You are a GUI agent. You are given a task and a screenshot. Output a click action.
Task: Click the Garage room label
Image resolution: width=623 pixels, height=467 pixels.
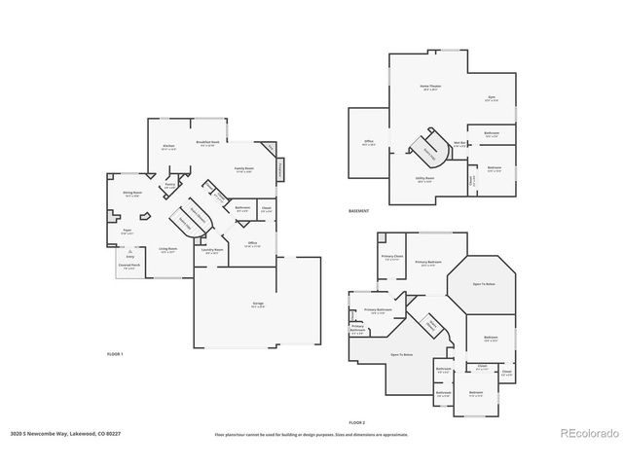pyautogui.click(x=258, y=305)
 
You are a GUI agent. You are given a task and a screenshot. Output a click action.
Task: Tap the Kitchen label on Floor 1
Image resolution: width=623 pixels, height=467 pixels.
pyautogui.click(x=168, y=146)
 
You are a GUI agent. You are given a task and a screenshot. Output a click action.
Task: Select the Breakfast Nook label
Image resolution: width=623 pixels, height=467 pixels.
pyautogui.click(x=205, y=143)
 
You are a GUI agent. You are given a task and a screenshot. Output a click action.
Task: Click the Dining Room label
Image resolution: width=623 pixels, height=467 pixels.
pyautogui.click(x=132, y=194)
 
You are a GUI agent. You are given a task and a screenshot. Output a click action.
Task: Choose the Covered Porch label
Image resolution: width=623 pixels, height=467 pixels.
pyautogui.click(x=128, y=265)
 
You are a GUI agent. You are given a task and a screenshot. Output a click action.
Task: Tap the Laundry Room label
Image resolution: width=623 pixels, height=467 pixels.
pyautogui.click(x=212, y=250)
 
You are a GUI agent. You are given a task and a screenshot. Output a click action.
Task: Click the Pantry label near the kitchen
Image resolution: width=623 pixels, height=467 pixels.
pyautogui.click(x=169, y=184)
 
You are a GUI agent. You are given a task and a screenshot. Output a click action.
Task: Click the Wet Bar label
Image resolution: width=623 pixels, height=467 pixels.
pyautogui.click(x=458, y=143)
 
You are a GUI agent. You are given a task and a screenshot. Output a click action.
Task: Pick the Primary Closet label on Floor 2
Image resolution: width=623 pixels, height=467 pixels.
pyautogui.click(x=391, y=257)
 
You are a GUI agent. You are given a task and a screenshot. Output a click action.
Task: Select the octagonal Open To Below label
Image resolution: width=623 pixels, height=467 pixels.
pyautogui.click(x=483, y=285)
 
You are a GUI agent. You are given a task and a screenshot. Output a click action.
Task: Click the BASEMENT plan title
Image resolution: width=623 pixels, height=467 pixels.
pyautogui.click(x=359, y=211)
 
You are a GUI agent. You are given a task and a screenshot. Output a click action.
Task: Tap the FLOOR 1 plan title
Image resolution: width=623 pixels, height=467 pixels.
pyautogui.click(x=115, y=354)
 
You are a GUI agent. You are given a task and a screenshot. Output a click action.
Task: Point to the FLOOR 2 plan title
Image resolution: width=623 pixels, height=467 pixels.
pyautogui.click(x=356, y=422)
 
